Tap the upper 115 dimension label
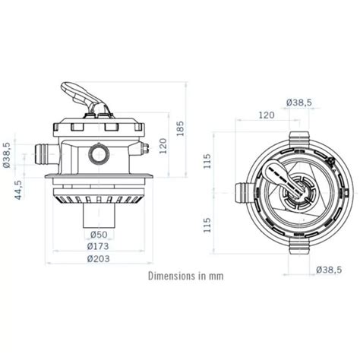pyautogui.click(x=207, y=161)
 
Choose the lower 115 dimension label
pyautogui.click(x=207, y=224)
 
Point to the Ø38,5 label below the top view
pyautogui.click(x=327, y=269)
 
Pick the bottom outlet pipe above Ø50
pyautogui.click(x=100, y=218)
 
